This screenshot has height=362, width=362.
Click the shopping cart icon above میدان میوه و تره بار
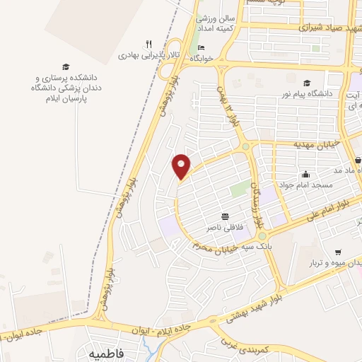click(338, 252)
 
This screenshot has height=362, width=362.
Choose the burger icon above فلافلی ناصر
click(225, 216)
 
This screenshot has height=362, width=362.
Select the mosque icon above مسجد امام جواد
click(305, 175)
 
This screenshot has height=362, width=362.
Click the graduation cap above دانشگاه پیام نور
click(307, 83)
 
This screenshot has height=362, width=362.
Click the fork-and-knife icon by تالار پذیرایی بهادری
click(148, 43)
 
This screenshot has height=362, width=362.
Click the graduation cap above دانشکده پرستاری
click(66, 65)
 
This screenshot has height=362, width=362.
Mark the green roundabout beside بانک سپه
click(262, 236)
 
